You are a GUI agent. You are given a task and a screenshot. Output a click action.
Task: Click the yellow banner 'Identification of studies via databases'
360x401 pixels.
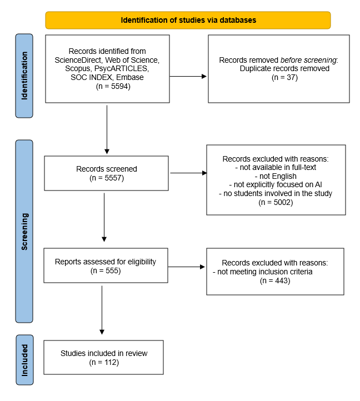coord(188,20)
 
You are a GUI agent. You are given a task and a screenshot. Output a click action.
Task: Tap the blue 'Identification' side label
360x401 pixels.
coord(24,76)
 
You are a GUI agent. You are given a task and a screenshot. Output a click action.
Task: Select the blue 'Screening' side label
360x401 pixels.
coord(24,231)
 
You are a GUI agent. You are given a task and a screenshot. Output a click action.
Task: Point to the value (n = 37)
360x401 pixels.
coord(284,77)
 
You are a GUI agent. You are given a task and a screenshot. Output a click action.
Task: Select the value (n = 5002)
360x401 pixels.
coord(276,203)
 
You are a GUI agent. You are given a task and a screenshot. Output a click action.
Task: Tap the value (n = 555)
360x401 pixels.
coord(106,270)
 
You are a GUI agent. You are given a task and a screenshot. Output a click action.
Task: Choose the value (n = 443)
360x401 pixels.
coord(275,281)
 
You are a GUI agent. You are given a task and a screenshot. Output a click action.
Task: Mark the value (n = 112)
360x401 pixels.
coord(104,362)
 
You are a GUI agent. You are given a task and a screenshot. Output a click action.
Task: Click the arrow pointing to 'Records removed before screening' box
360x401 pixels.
coord(188,76)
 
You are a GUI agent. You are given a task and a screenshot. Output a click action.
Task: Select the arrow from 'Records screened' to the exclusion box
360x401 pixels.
coord(188,173)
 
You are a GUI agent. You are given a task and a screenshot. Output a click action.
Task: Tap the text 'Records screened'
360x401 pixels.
coord(106,169)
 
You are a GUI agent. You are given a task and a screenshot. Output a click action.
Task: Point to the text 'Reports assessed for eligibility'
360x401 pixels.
coord(106,262)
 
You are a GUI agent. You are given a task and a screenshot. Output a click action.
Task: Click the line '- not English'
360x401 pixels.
coord(276,176)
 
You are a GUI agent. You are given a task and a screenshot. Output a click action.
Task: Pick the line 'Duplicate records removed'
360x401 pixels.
coord(284,68)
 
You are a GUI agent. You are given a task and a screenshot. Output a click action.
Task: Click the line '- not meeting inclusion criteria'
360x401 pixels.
coord(263,272)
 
